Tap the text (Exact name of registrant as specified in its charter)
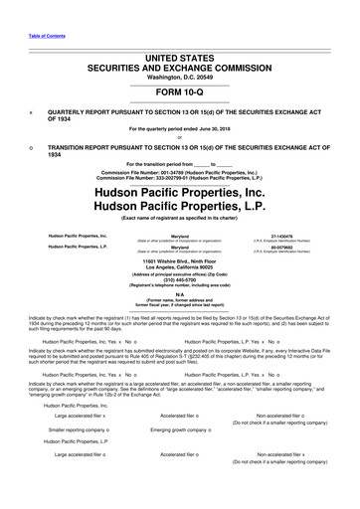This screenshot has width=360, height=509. (180, 224)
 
